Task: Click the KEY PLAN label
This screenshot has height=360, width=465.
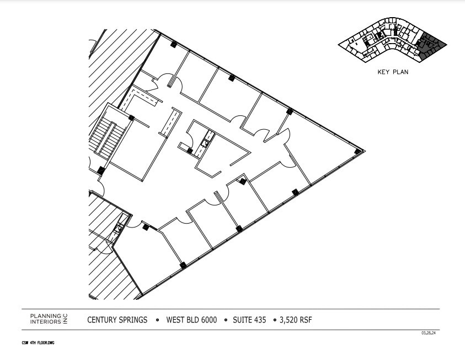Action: pyautogui.click(x=393, y=72)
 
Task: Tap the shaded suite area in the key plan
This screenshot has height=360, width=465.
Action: pyautogui.click(x=429, y=46)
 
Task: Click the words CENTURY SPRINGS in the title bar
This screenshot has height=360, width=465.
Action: pyautogui.click(x=117, y=320)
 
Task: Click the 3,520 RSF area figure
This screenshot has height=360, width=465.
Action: pyautogui.click(x=296, y=320)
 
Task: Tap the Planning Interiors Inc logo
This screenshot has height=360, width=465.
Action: pyautogui.click(x=48, y=319)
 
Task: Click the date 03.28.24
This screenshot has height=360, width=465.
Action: pyautogui.click(x=428, y=333)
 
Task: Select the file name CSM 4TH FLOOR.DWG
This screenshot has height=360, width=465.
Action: pyautogui.click(x=38, y=343)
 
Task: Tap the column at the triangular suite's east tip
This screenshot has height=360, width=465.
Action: pyautogui.click(x=358, y=150)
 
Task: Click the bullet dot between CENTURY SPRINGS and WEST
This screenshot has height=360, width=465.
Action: pyautogui.click(x=157, y=320)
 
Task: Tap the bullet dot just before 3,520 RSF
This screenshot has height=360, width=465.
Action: pyautogui.click(x=274, y=320)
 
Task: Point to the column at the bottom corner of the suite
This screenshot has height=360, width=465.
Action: pyautogui.click(x=183, y=266)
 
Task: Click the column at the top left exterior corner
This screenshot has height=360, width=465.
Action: pyautogui.click(x=173, y=44)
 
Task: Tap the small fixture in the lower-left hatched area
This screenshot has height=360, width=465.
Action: pyautogui.click(x=117, y=230)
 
